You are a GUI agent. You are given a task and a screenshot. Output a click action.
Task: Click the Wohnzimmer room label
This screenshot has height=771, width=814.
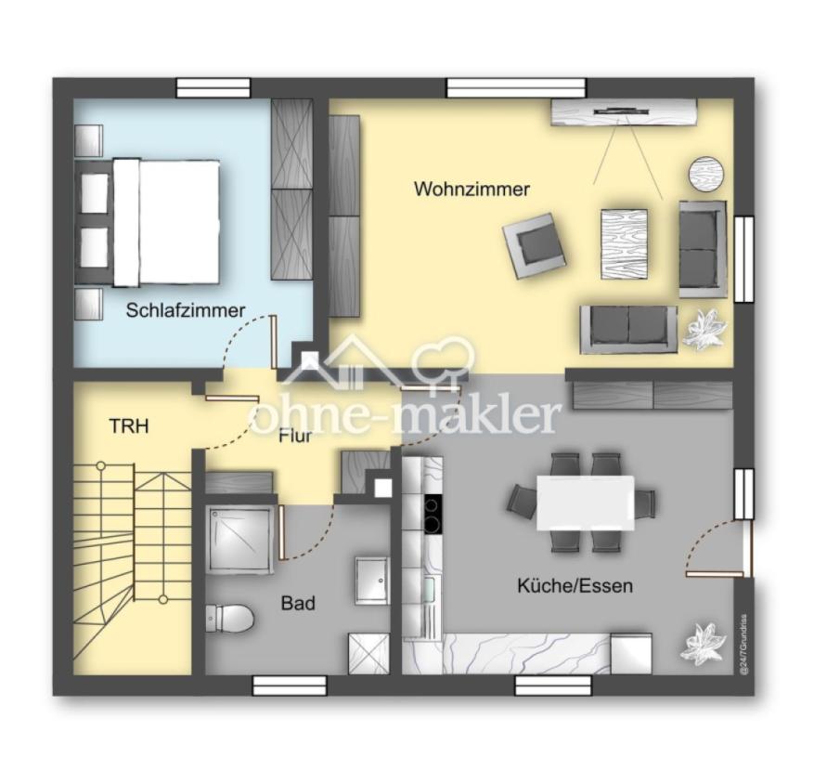pyautogui.click(x=472, y=189)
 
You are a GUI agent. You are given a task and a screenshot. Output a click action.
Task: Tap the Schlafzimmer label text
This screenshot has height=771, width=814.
pyautogui.click(x=186, y=310)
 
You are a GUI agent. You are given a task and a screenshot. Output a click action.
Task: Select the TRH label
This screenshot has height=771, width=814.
pyautogui.click(x=129, y=426)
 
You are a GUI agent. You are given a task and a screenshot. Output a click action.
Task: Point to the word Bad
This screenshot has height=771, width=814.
pyautogui.click(x=298, y=603)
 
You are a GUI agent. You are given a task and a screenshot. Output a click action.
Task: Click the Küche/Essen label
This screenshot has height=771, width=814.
pyautogui.click(x=575, y=585)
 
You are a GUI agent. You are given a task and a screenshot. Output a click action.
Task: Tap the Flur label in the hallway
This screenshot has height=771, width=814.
pyautogui.click(x=295, y=436)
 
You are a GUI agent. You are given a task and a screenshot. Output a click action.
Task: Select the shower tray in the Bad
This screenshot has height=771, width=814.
pyautogui.click(x=239, y=541)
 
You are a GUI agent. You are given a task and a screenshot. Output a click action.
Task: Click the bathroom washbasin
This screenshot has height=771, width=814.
pyautogui.click(x=371, y=581)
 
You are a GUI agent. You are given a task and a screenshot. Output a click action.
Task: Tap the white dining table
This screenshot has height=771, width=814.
pyautogui.click(x=586, y=503)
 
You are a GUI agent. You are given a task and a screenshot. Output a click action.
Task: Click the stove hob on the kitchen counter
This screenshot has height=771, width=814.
pyautogui.click(x=433, y=514)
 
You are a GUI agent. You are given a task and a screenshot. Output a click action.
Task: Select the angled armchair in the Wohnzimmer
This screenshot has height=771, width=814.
pyautogui.click(x=534, y=246)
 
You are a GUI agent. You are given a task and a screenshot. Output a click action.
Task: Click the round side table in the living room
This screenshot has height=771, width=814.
pyautogui.click(x=707, y=174)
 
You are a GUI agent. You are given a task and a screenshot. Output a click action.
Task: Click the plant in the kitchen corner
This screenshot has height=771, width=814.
pyautogui.click(x=703, y=644)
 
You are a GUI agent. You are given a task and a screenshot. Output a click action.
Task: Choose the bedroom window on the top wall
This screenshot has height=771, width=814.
pyautogui.click(x=213, y=88)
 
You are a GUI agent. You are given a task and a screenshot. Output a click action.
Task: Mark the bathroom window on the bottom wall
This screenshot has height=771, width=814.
pyautogui.click(x=290, y=686)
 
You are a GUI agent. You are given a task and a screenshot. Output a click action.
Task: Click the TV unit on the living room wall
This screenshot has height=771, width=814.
pyautogui.click(x=623, y=112)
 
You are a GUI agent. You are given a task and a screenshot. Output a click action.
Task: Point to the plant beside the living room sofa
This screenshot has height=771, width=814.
pyautogui.click(x=705, y=328)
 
